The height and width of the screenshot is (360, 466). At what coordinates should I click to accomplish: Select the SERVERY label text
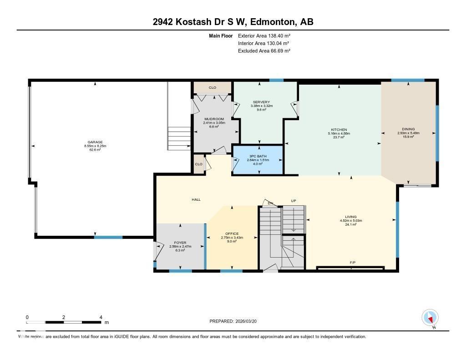(261, 102)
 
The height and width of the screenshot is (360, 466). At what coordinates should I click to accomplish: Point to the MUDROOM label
(213, 119)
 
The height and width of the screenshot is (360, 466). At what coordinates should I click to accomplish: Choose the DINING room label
(408, 129)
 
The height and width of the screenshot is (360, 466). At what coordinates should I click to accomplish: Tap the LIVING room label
(350, 217)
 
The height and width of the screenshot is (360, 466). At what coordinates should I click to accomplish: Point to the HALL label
(196, 200)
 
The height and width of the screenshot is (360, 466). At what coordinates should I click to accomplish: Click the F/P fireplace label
(352, 263)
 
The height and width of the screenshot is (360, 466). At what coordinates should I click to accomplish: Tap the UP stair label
(294, 201)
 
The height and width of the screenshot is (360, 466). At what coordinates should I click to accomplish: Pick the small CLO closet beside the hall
(198, 164)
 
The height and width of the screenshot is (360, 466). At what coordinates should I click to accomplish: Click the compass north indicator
(430, 317)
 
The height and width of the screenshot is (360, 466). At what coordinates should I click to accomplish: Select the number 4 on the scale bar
(101, 317)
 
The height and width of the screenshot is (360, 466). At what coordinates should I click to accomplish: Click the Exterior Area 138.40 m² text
(264, 35)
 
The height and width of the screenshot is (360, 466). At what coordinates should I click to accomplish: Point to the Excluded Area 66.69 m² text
(264, 51)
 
